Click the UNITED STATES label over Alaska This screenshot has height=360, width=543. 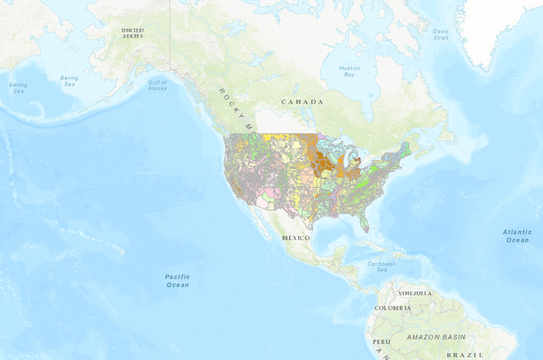(132, 33)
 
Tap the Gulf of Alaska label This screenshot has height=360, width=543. (157, 85)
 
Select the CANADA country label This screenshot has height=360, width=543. (302, 102)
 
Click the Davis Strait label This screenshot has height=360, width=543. (441, 35)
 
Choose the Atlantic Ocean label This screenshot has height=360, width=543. (516, 236)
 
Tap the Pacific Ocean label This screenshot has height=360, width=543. (177, 280)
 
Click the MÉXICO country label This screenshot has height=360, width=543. (295, 239)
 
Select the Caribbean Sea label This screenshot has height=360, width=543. (382, 264)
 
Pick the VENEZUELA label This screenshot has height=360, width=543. (414, 293)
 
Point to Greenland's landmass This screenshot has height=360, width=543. (497, 27)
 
